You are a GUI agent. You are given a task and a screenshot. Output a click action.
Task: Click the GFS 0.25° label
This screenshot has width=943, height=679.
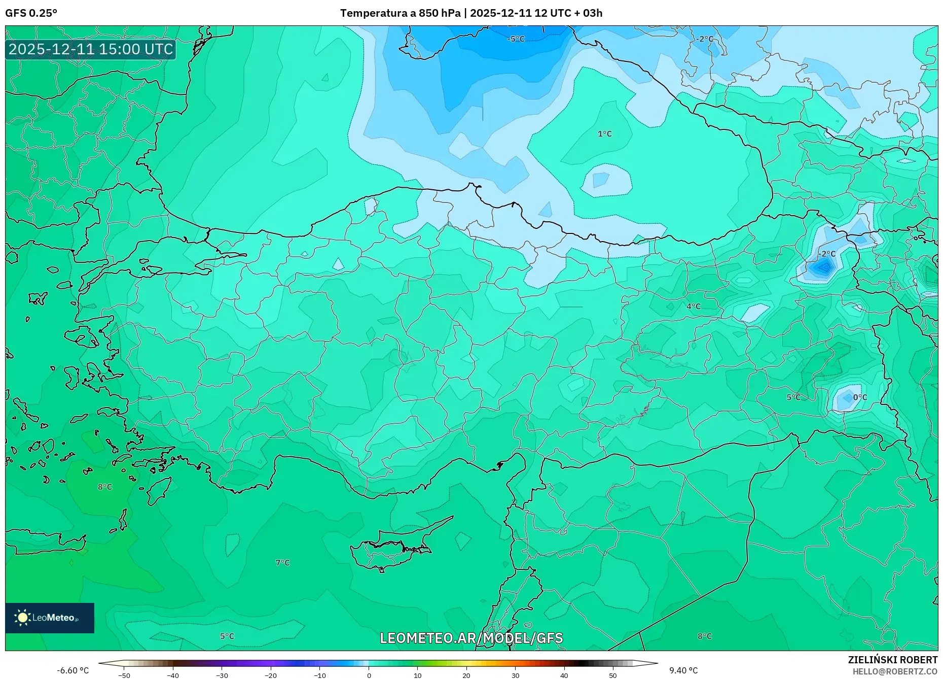pyautogui.click(x=31, y=13)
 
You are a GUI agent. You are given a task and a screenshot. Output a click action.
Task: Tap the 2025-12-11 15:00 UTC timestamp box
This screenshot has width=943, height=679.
pyautogui.click(x=91, y=49)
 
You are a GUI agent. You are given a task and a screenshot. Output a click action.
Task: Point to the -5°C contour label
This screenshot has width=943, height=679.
pyautogui.click(x=516, y=39)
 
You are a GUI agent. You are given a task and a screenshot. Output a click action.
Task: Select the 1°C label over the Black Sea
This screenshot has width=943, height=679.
pyautogui.click(x=604, y=134)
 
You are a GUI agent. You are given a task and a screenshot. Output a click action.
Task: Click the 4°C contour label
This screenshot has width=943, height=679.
pyautogui.click(x=693, y=307)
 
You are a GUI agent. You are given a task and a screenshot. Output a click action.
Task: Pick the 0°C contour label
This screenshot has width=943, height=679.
pyautogui.click(x=860, y=397)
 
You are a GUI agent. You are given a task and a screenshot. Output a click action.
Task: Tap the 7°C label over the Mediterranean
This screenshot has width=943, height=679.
pyautogui.click(x=282, y=563)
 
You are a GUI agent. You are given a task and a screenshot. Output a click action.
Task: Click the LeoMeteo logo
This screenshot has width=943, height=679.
pyautogui.click(x=50, y=618)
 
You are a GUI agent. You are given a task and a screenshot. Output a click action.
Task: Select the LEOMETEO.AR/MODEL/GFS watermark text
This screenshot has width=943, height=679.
pyautogui.click(x=471, y=638)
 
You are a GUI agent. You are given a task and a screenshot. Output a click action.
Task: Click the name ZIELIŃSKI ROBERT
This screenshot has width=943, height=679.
pyautogui.click(x=892, y=660)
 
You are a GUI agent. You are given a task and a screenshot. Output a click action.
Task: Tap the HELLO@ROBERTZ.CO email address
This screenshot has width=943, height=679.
pyautogui.click(x=895, y=671)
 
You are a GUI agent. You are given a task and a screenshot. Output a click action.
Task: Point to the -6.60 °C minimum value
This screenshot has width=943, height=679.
pyautogui.click(x=72, y=670)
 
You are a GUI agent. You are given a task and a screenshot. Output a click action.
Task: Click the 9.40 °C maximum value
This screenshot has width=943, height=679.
pyautogui.click(x=683, y=670)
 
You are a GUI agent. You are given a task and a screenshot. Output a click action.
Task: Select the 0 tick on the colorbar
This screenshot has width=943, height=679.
pyautogui.click(x=369, y=675)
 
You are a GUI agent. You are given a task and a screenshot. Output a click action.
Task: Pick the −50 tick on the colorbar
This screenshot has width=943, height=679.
pyautogui.click(x=124, y=675)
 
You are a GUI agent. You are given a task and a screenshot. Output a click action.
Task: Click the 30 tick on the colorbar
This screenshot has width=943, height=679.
pyautogui.click(x=515, y=675)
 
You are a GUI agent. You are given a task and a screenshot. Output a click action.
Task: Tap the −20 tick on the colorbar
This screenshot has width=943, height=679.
pyautogui.click(x=271, y=675)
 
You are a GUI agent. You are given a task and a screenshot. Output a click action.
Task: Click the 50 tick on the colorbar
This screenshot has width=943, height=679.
pyautogui.click(x=613, y=675)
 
